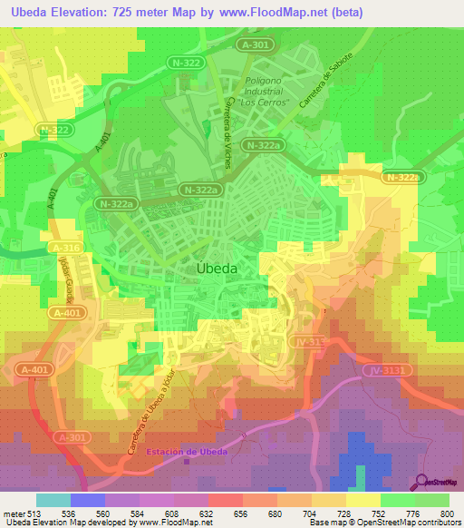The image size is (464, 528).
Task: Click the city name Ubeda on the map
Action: (217, 269)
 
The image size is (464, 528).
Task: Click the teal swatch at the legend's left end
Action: (53, 500)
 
